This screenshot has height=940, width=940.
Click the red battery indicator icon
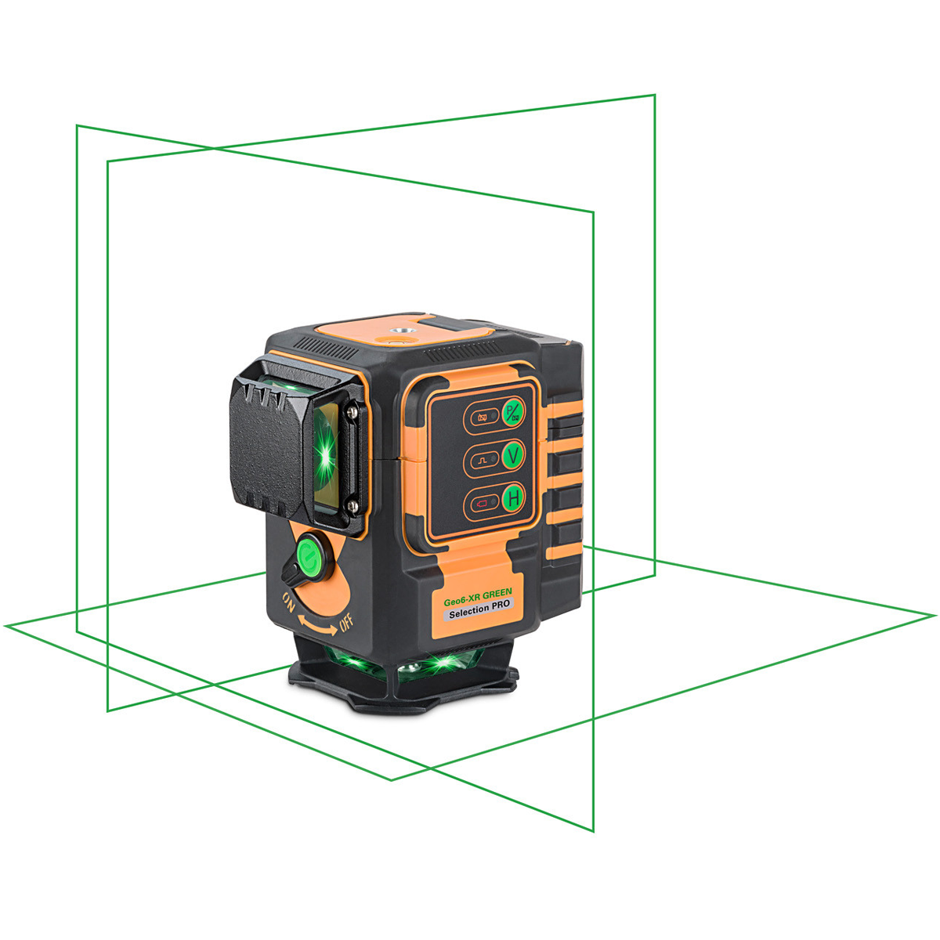click(x=482, y=503)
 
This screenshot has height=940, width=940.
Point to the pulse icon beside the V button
click(x=483, y=460)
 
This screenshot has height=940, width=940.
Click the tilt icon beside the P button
click(x=483, y=418)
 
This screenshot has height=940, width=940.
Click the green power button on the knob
click(x=311, y=555)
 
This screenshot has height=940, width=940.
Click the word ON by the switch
click(x=289, y=602)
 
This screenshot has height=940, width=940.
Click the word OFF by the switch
click(x=345, y=623)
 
